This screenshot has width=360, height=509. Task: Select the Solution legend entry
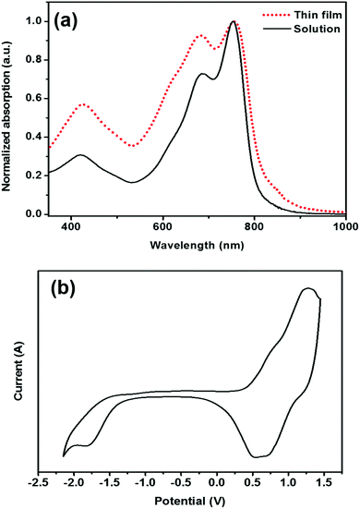pyautogui.click(x=316, y=30)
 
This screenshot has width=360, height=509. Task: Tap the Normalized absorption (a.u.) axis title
pyautogui.click(x=8, y=116)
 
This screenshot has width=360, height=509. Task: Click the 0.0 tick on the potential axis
pyautogui.click(x=217, y=479)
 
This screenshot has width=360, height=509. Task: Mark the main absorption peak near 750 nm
pyautogui.click(x=234, y=21)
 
